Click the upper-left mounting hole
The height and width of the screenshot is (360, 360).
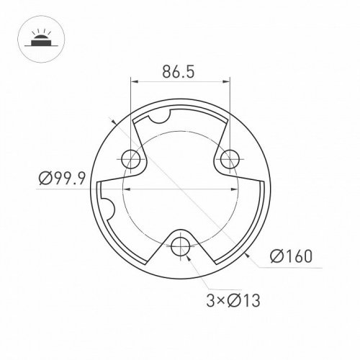(x=130, y=158)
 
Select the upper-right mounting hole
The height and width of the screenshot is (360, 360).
(x=229, y=158)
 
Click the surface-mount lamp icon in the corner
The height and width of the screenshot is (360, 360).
(x=35, y=37)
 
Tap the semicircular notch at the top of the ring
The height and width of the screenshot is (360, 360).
(x=161, y=114)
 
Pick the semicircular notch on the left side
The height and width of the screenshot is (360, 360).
(x=108, y=210)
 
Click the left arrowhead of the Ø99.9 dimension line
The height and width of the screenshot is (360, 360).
(x=127, y=189)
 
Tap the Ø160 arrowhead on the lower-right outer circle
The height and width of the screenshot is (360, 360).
(x=246, y=254)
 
